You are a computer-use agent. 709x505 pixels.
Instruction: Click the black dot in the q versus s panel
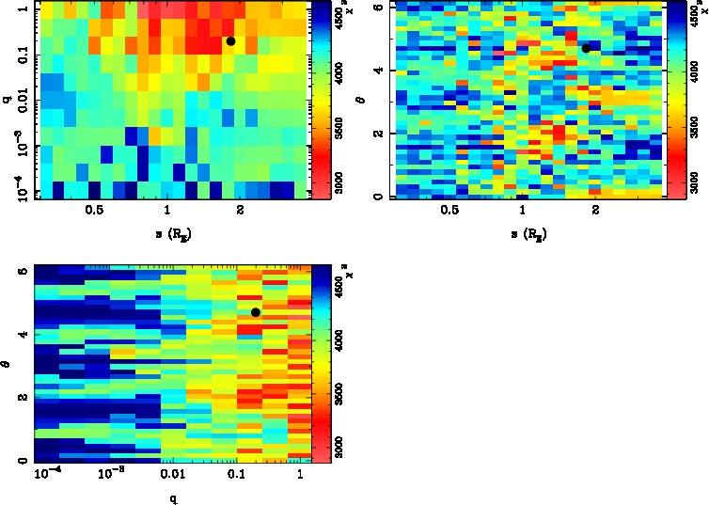pos(230,41)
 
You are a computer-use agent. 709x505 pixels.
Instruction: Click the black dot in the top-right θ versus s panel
pos(586,48)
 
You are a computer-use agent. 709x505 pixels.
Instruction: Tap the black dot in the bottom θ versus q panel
pos(255,312)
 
